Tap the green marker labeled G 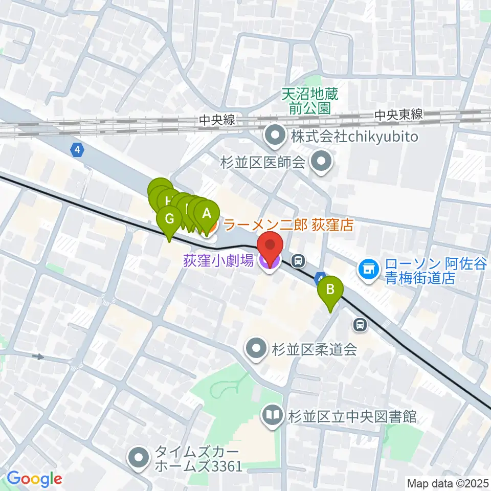point(170,220)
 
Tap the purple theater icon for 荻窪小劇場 point(270,262)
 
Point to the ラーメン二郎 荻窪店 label point(289,225)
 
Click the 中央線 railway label point(217,121)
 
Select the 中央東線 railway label point(399,115)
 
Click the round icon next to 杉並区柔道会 point(255,349)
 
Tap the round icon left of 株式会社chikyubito point(275,137)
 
